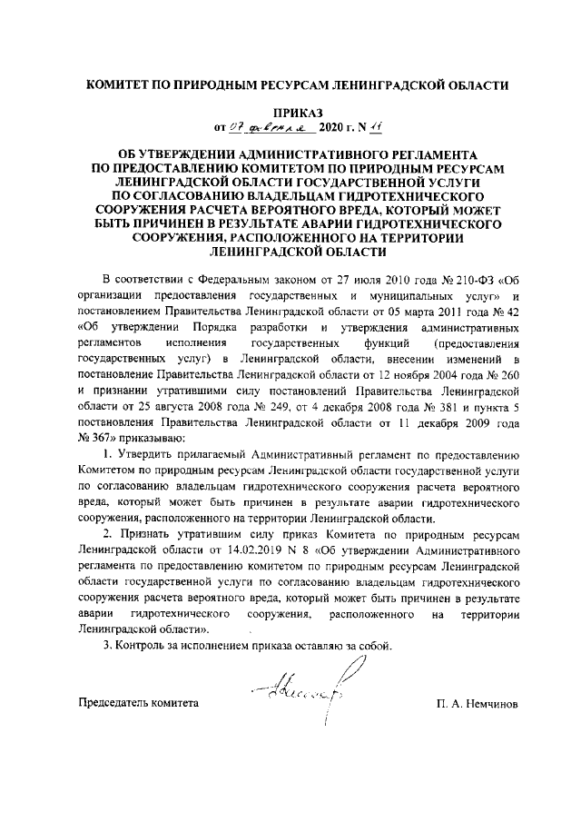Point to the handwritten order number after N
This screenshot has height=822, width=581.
(359, 126)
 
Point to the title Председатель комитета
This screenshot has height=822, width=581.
(137, 703)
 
